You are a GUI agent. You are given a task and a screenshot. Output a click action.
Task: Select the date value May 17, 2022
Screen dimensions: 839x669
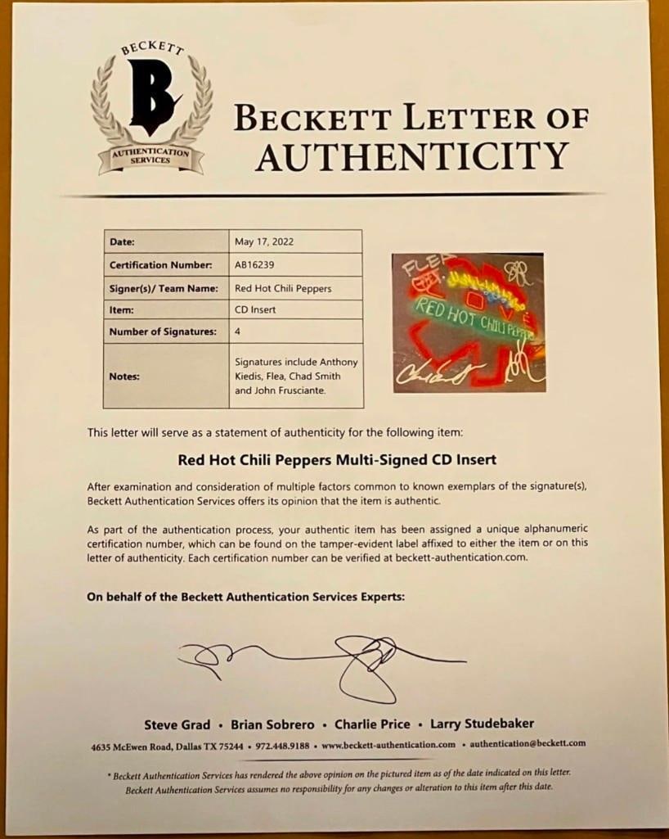tap(263, 241)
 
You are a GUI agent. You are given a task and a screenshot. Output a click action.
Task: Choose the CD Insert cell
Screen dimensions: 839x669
tap(255, 311)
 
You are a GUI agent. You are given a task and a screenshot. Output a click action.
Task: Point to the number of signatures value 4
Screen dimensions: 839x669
tap(238, 332)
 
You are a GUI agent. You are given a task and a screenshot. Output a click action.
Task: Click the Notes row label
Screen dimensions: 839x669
tap(124, 376)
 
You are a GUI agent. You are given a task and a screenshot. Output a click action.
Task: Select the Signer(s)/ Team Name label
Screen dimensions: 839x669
tap(164, 288)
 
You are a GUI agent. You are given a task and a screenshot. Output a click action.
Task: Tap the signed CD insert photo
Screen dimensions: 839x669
tap(469, 322)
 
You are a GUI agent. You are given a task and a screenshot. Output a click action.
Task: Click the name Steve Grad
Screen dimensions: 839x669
tap(177, 724)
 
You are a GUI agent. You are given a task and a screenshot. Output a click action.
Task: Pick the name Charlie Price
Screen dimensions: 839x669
tap(372, 724)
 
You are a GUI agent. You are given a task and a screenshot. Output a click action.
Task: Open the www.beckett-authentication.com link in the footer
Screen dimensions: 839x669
tap(388, 745)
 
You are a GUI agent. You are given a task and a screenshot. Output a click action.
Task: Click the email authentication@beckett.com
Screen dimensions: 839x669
tap(528, 744)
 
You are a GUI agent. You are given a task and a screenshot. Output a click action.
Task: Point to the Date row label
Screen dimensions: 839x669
tap(122, 241)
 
